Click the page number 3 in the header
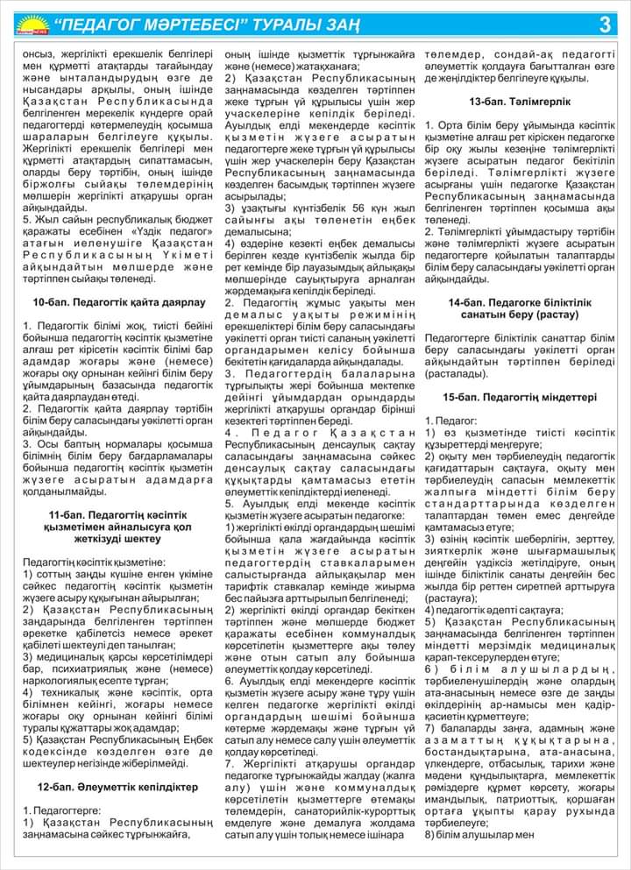tap(605, 25)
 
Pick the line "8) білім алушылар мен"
tap(479, 834)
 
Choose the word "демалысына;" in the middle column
tap(261, 231)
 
